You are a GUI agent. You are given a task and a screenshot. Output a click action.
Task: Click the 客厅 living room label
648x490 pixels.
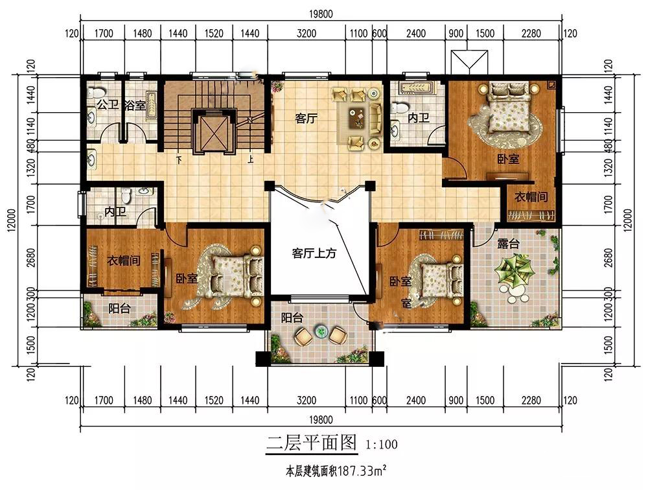click(307, 119)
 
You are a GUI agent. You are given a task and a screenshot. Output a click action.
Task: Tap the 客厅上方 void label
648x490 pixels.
click(314, 253)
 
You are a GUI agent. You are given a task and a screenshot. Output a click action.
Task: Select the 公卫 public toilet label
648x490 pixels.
click(108, 104)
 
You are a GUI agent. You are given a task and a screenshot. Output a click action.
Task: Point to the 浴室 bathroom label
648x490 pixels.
click(135, 106)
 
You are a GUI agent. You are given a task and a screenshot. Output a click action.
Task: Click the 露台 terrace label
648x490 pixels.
click(508, 244)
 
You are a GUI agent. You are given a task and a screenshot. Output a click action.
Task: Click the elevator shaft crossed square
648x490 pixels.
click(213, 132)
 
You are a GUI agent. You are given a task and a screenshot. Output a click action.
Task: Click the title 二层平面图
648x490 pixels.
click(311, 443)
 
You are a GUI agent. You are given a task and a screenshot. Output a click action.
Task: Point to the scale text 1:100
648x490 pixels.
click(382, 445)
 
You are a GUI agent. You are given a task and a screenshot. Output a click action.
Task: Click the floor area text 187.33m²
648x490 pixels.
click(362, 471)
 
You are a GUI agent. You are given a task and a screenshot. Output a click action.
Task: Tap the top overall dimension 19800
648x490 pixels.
click(321, 14)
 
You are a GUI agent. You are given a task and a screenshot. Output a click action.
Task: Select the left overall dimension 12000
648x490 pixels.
click(12, 220)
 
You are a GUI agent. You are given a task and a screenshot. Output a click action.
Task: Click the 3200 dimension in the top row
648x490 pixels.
click(307, 33)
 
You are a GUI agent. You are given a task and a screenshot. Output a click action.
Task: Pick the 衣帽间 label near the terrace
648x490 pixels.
click(531, 197)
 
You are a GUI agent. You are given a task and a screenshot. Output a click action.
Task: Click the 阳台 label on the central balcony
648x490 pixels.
click(292, 318)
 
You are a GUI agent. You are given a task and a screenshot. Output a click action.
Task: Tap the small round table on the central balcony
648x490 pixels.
click(321, 331)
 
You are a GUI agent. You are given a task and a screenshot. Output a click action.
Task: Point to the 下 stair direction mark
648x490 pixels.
click(179, 159)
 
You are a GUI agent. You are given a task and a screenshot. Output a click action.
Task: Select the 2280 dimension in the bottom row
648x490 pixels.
click(531, 401)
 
